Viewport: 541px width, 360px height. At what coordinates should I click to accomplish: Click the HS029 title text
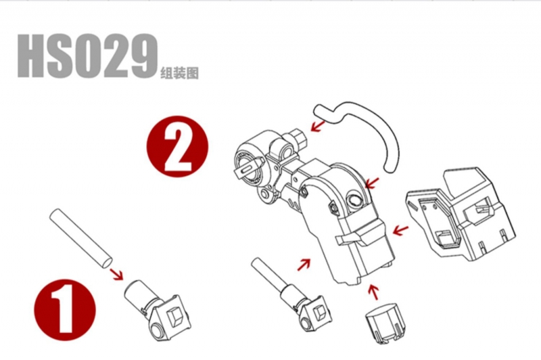pos(88,56)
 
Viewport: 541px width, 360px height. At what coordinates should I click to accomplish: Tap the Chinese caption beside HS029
pos(179,73)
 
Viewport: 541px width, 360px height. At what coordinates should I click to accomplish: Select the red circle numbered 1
pos(64,311)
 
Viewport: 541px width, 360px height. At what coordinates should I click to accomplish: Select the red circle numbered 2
pos(178,146)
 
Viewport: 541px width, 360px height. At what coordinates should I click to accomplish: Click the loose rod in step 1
pos(80,238)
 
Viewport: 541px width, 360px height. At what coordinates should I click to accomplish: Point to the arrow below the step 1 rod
pos(116,275)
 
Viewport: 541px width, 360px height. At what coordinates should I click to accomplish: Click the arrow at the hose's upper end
pos(317,125)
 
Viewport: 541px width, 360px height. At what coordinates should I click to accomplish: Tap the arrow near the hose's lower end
pos(373,183)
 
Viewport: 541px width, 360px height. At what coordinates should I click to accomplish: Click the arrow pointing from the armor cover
pos(400,231)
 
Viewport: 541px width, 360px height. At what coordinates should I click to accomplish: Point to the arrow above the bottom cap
pos(373,292)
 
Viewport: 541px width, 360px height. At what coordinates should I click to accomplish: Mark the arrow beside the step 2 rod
pos(304,265)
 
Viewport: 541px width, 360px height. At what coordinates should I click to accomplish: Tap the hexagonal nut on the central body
pos(333,209)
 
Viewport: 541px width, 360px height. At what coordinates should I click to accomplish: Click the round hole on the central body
pos(354,199)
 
